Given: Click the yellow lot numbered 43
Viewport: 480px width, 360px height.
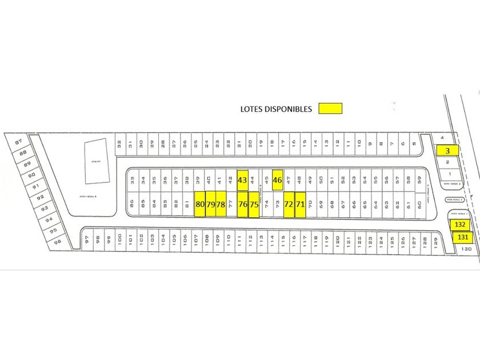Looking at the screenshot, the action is click(242, 181).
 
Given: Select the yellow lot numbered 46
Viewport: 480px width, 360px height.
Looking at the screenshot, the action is click(278, 181).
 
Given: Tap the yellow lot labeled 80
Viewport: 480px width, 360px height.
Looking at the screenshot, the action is click(200, 204).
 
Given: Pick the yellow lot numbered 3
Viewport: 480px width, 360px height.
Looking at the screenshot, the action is click(447, 150).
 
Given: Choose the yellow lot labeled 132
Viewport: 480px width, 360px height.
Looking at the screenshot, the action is click(461, 225).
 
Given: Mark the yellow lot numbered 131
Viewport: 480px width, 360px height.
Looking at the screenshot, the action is click(462, 237).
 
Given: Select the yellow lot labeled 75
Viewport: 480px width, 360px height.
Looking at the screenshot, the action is click(254, 204).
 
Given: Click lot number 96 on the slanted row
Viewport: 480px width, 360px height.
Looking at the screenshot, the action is click(57, 241).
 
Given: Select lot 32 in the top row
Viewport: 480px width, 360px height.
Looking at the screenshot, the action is click(119, 145).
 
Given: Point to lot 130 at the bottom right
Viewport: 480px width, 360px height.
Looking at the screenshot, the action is click(466, 249).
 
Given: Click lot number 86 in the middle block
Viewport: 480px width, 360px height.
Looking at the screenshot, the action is click(132, 202).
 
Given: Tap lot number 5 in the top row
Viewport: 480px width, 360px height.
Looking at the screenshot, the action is click(413, 145).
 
